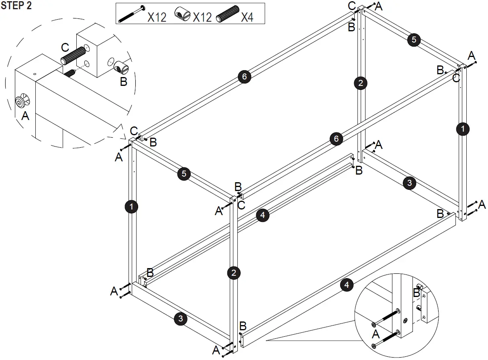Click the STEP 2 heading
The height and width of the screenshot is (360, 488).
16,6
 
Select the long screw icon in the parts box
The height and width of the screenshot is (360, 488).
131,14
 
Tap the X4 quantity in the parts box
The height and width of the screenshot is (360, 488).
247,17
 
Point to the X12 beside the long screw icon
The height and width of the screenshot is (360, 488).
157,17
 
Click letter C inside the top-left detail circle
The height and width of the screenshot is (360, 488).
65,48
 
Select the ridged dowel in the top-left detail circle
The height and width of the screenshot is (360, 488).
74,55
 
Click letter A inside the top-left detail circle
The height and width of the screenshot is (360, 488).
25,116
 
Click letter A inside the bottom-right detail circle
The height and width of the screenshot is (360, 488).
376,334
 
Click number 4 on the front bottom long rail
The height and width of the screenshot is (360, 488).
346,285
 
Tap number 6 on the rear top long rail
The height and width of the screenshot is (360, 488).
244,77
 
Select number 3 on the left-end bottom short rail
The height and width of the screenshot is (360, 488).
180,319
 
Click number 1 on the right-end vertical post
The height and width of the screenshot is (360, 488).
463,129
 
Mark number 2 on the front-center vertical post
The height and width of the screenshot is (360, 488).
233,273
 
